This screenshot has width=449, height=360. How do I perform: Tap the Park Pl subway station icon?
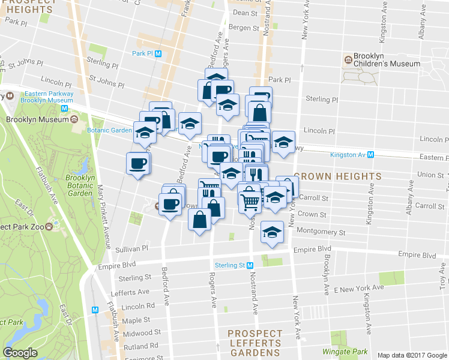click(158, 53)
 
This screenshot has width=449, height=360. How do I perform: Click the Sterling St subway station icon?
click(249, 265)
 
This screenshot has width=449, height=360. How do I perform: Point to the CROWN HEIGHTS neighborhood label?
click(337, 177)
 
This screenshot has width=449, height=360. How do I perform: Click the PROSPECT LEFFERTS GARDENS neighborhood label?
click(255, 343)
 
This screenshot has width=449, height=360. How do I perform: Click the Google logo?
click(20, 353)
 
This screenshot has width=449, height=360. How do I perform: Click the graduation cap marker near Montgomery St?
click(272, 232)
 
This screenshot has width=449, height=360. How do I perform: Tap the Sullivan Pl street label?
click(132, 248)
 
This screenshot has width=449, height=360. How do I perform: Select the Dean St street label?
click(245, 13)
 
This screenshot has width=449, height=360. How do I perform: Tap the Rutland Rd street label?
click(140, 346)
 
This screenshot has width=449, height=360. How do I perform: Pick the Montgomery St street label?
click(322, 232)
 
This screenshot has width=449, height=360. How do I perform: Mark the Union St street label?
click(430, 175)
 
